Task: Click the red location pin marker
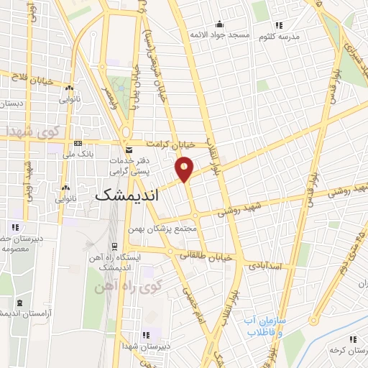185,169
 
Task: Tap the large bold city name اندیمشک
127,193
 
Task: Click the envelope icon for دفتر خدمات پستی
129,149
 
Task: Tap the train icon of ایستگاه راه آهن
114,247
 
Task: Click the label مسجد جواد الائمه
219,34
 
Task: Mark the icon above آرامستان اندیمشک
19,302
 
